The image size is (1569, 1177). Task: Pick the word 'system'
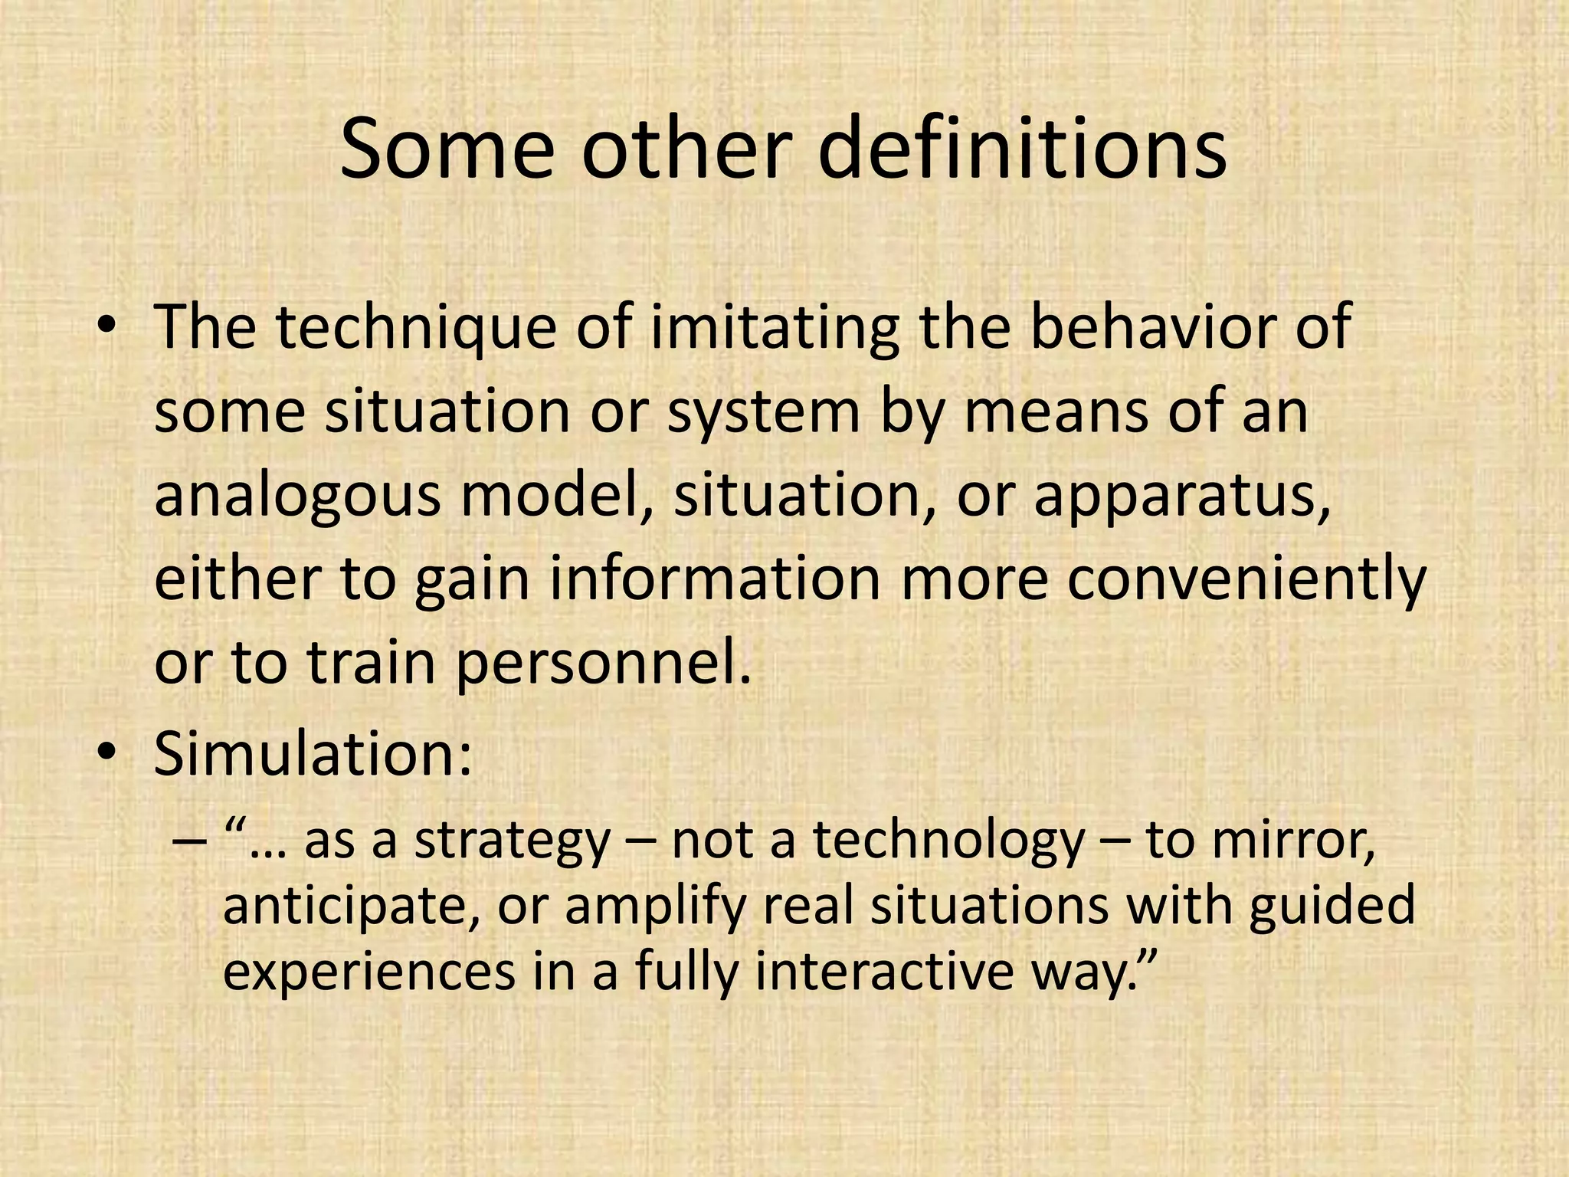pyautogui.click(x=764, y=413)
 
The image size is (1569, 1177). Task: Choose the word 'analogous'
pyautogui.click(x=297, y=497)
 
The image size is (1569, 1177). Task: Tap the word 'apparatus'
pyautogui.click(x=1181, y=497)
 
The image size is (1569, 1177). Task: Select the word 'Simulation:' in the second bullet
pyautogui.click(x=313, y=753)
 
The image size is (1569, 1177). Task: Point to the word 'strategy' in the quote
pyautogui.click(x=512, y=841)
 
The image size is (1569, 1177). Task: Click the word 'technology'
pyautogui.click(x=948, y=841)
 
